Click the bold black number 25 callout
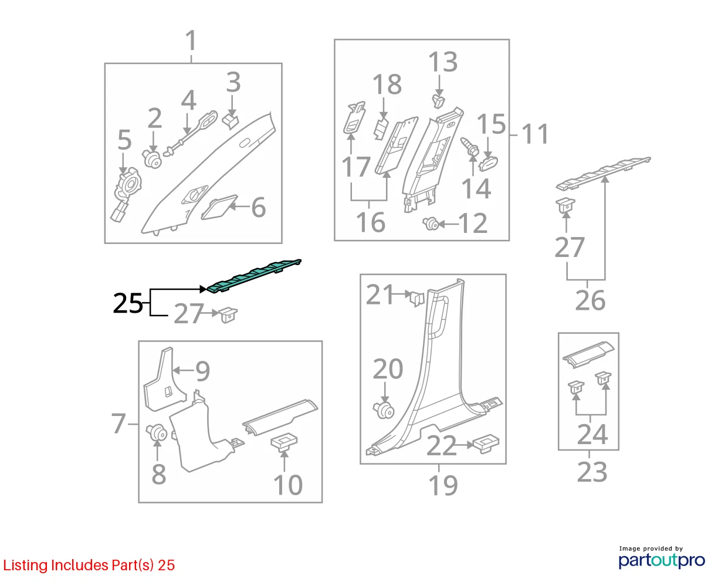128,303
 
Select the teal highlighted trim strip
254,276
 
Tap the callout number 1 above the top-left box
191,41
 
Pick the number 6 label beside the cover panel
259,207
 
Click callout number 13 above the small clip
443,62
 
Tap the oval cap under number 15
488,164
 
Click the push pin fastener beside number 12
431,224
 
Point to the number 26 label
590,300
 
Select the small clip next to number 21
417,297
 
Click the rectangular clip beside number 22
486,445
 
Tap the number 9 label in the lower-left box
202,371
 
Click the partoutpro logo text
662,560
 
